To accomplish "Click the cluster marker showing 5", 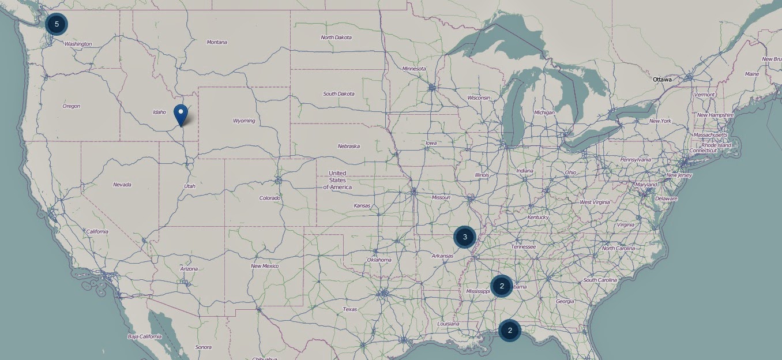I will coord(57,24).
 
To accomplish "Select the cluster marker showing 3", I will coord(464,237).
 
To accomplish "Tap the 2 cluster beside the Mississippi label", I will coord(502,286).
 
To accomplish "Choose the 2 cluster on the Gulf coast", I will coord(510,331).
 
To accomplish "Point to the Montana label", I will coord(217,42).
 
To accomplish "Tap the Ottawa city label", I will coord(662,80).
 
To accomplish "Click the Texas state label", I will coord(350,309).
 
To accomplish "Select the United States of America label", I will coord(337,180).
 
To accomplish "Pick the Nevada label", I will coord(122,185).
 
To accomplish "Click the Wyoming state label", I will coord(244,121).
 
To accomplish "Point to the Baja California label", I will coord(145,336).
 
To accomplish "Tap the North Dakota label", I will coord(336,37).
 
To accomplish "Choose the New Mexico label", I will coord(265,266).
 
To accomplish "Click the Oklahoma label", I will coord(379,260).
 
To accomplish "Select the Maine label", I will coord(752,74).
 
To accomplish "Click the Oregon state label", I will coord(72,106).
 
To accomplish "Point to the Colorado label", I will coord(270,198).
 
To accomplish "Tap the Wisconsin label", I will coord(479,98).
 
